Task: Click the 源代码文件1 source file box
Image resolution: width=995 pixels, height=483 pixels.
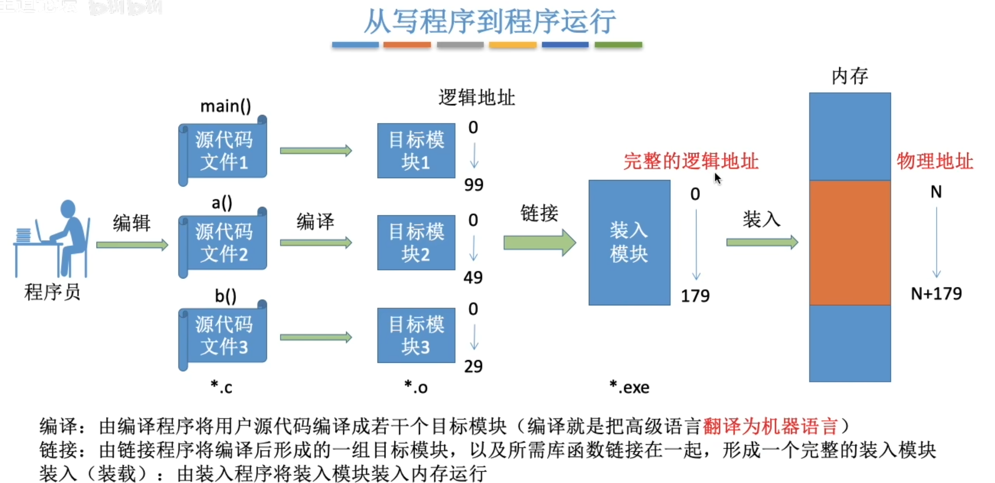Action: click(223, 151)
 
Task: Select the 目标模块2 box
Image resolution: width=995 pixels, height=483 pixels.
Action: click(416, 243)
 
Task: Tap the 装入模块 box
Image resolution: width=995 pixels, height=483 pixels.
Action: click(629, 243)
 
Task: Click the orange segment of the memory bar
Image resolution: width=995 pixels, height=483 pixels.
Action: click(850, 243)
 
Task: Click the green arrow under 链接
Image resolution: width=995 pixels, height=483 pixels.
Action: click(539, 243)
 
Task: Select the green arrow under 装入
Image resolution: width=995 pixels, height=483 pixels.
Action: click(762, 243)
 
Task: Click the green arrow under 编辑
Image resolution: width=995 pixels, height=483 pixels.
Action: click(132, 245)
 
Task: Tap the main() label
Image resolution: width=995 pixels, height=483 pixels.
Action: click(225, 106)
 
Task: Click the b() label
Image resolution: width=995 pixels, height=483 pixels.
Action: click(225, 296)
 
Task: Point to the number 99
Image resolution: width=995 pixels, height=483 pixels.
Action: click(473, 185)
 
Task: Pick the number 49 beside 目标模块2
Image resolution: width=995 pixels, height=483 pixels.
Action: click(473, 278)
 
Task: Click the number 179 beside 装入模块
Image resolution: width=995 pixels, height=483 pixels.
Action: click(695, 296)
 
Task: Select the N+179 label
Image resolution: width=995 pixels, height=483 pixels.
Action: click(936, 294)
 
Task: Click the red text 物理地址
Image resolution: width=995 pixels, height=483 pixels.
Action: click(935, 161)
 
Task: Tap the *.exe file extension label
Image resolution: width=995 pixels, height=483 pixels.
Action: click(629, 387)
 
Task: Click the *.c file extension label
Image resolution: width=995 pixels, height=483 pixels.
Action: click(221, 387)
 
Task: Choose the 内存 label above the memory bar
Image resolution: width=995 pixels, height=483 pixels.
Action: click(850, 76)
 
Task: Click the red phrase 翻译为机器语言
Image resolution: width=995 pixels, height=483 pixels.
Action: click(770, 426)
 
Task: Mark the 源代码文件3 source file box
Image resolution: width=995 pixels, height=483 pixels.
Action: click(223, 336)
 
